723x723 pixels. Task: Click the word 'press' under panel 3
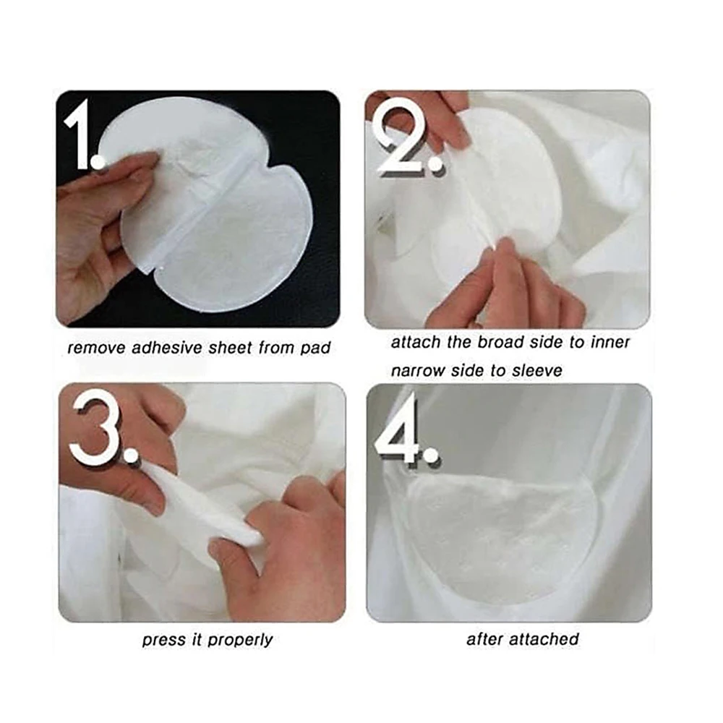click(163, 641)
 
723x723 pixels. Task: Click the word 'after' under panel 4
click(484, 639)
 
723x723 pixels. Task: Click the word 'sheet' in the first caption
click(228, 348)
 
